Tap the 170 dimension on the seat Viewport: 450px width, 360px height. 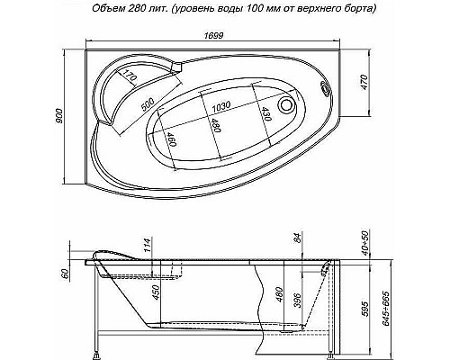129,76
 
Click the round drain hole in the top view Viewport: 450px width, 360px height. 289,104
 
